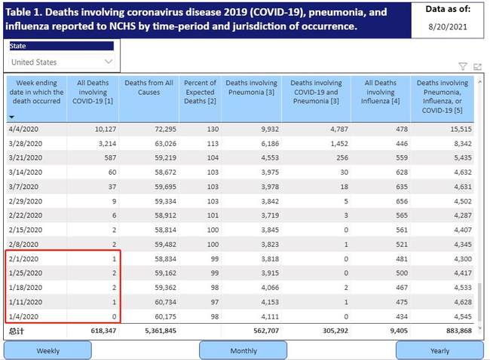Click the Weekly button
click(x=47, y=350)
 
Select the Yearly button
click(x=439, y=350)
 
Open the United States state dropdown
click(x=62, y=62)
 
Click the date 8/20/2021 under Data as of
click(x=449, y=26)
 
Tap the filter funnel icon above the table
click(x=463, y=66)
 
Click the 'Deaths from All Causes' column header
click(x=149, y=87)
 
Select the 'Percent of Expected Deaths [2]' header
click(x=200, y=92)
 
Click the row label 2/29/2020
click(x=24, y=201)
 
